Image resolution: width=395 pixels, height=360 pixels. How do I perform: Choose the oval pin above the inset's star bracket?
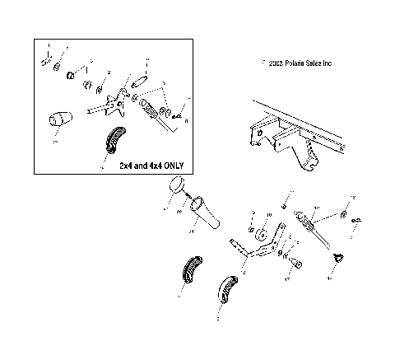(x=139, y=82)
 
